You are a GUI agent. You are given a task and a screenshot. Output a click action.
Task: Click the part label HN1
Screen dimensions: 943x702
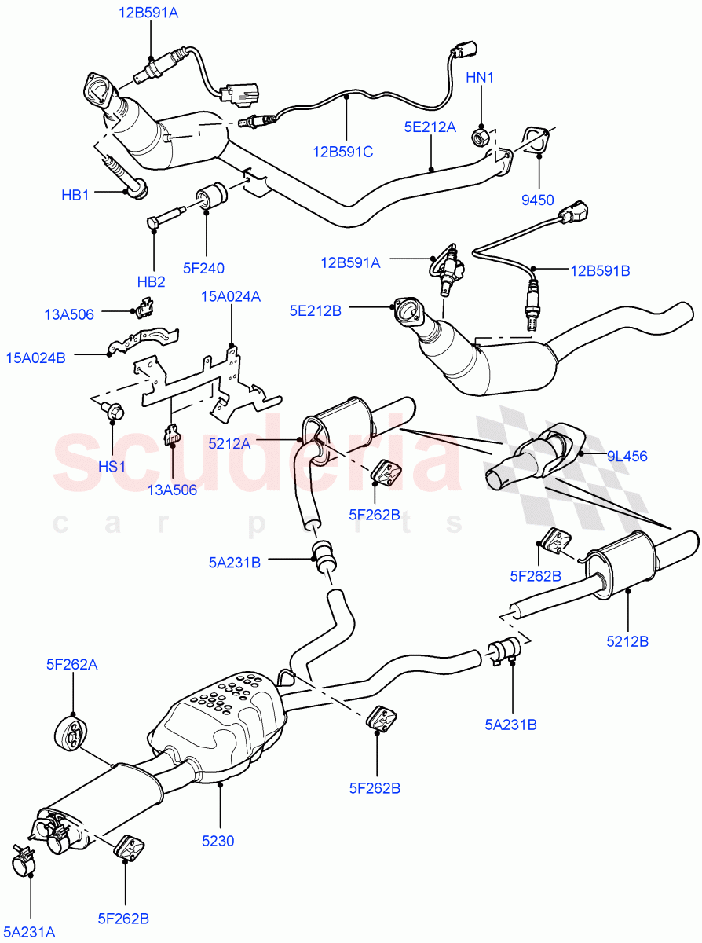[x=480, y=77]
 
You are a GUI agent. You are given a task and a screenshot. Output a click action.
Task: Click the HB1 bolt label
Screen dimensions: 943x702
[x=75, y=194]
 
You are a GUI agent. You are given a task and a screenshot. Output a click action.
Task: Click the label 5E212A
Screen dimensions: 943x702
[x=430, y=126]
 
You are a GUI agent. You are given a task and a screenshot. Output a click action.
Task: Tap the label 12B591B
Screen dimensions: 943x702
[x=600, y=270]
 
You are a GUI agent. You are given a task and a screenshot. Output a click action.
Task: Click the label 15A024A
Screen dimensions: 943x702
[x=231, y=296]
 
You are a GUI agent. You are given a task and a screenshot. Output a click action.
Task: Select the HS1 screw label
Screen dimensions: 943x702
[x=112, y=466]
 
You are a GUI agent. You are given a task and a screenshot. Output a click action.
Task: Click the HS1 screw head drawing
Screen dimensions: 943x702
[x=112, y=409]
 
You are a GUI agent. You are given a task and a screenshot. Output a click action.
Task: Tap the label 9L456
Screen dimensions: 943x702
[x=627, y=456]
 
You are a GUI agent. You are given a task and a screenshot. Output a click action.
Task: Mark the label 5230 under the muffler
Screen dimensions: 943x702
[x=218, y=840]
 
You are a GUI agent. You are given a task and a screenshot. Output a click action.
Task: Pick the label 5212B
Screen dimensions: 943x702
[x=627, y=641]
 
